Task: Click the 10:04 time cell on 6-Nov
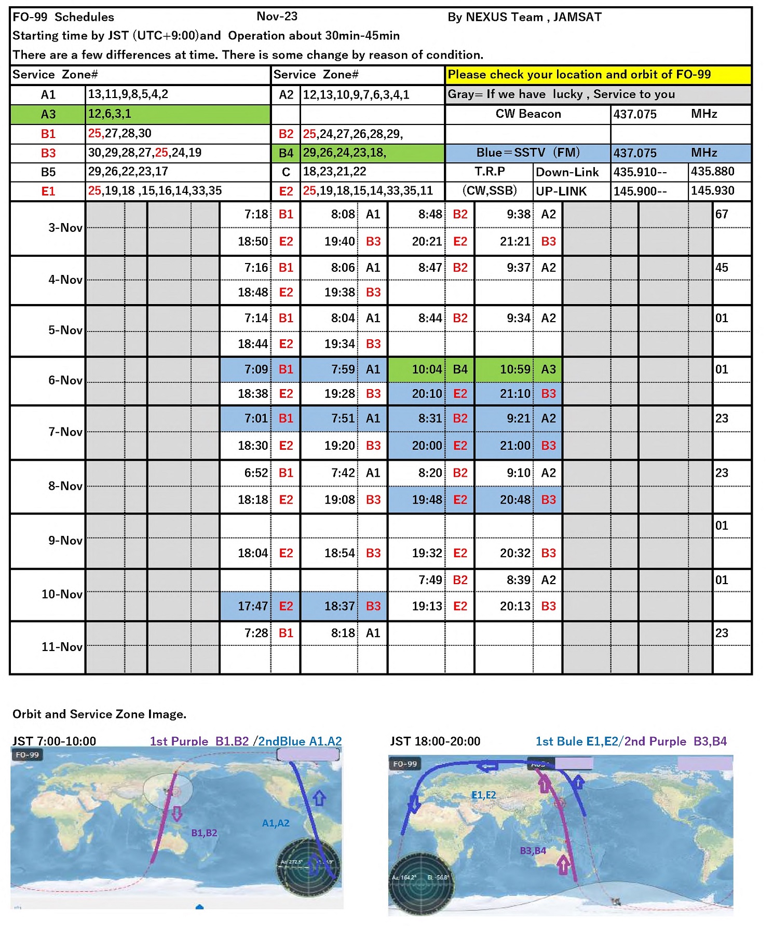pos(427,369)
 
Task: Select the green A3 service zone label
pos(48,114)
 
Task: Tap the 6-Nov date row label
pos(65,380)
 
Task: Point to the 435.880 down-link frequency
pos(712,172)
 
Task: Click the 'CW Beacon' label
pos(528,114)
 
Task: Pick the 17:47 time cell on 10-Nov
pos(253,606)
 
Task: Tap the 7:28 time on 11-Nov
pos(256,633)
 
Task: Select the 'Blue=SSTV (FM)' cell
pos(528,153)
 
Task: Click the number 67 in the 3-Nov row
pos(722,214)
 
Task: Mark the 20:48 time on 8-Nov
pos(515,500)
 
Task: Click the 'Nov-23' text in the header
pos(277,17)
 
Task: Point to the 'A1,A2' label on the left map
pos(276,823)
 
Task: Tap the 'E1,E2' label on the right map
pos(483,795)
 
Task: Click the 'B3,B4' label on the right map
pos(533,851)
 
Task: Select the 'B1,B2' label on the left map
pos(204,833)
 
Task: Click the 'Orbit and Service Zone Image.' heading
pos(99,714)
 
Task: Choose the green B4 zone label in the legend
pos(286,153)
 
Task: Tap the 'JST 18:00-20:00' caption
pos(435,741)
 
